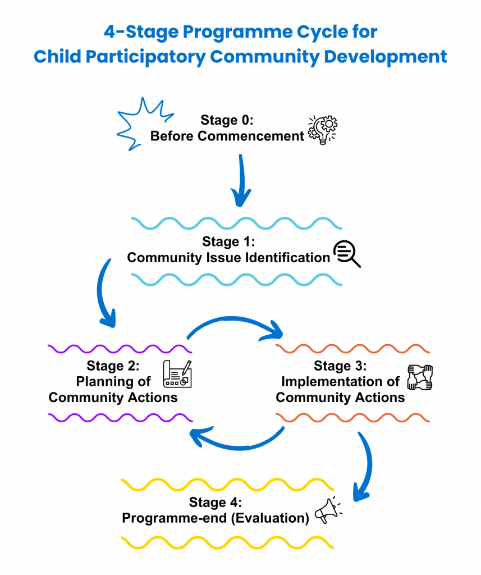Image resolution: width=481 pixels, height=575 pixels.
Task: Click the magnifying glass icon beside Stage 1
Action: click(346, 254)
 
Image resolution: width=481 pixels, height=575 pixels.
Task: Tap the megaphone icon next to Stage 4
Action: click(328, 510)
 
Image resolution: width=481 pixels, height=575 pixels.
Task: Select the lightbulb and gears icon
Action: click(322, 130)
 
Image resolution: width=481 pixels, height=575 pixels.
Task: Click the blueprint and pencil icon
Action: click(177, 373)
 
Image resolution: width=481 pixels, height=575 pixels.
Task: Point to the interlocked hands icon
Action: click(420, 377)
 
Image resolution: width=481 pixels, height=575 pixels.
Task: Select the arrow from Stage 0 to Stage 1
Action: click(241, 180)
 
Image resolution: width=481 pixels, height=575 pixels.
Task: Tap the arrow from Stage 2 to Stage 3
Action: click(233, 320)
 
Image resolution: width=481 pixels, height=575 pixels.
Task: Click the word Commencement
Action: click(251, 136)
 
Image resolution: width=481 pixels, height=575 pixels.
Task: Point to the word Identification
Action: click(287, 257)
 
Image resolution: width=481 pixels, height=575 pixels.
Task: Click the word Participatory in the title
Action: click(145, 57)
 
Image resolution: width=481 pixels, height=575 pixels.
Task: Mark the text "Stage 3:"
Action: click(340, 366)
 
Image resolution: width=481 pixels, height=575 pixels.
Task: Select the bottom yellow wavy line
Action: click(227, 543)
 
